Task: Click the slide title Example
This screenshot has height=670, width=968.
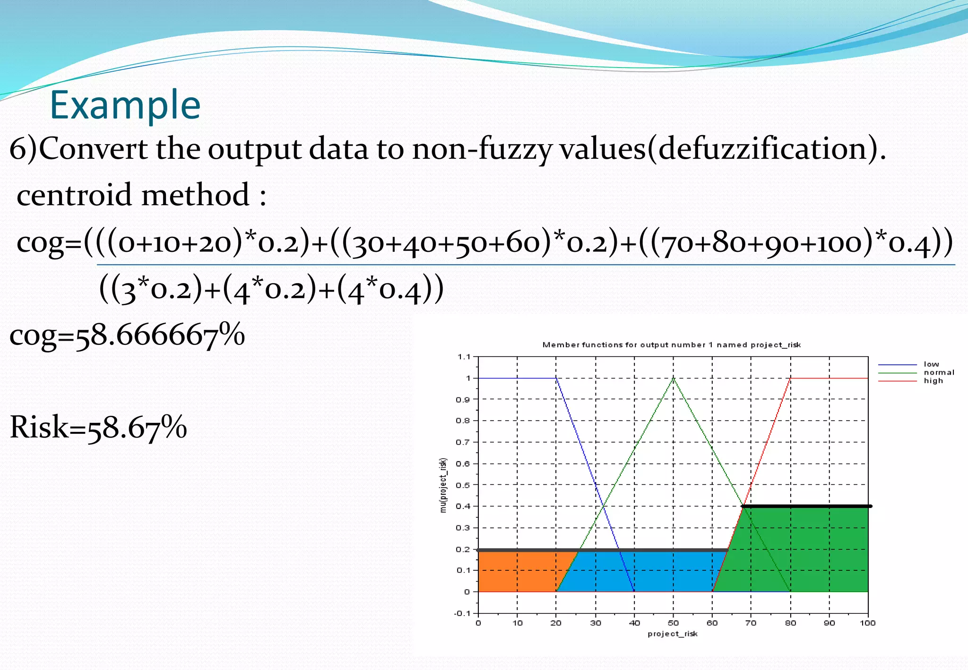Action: point(125,105)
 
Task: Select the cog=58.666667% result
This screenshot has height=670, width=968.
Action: point(127,335)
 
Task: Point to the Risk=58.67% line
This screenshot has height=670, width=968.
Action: point(98,427)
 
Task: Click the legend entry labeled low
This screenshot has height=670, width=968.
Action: point(931,364)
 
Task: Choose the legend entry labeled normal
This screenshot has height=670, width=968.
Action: point(939,372)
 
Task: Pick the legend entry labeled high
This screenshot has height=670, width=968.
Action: point(933,381)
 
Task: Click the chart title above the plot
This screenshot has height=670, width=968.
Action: point(671,345)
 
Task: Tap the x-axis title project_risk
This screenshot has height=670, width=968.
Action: point(672,634)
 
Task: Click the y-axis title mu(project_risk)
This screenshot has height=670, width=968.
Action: point(443,485)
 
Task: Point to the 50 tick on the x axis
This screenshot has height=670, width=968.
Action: point(673,623)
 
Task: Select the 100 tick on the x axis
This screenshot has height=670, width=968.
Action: point(867,623)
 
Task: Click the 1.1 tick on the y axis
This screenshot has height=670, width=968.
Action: point(464,357)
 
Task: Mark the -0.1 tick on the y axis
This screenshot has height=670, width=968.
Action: point(462,613)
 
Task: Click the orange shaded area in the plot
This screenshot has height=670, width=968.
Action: point(515,572)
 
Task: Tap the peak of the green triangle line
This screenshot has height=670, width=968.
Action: point(673,378)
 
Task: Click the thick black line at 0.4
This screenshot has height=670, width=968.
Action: point(806,506)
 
